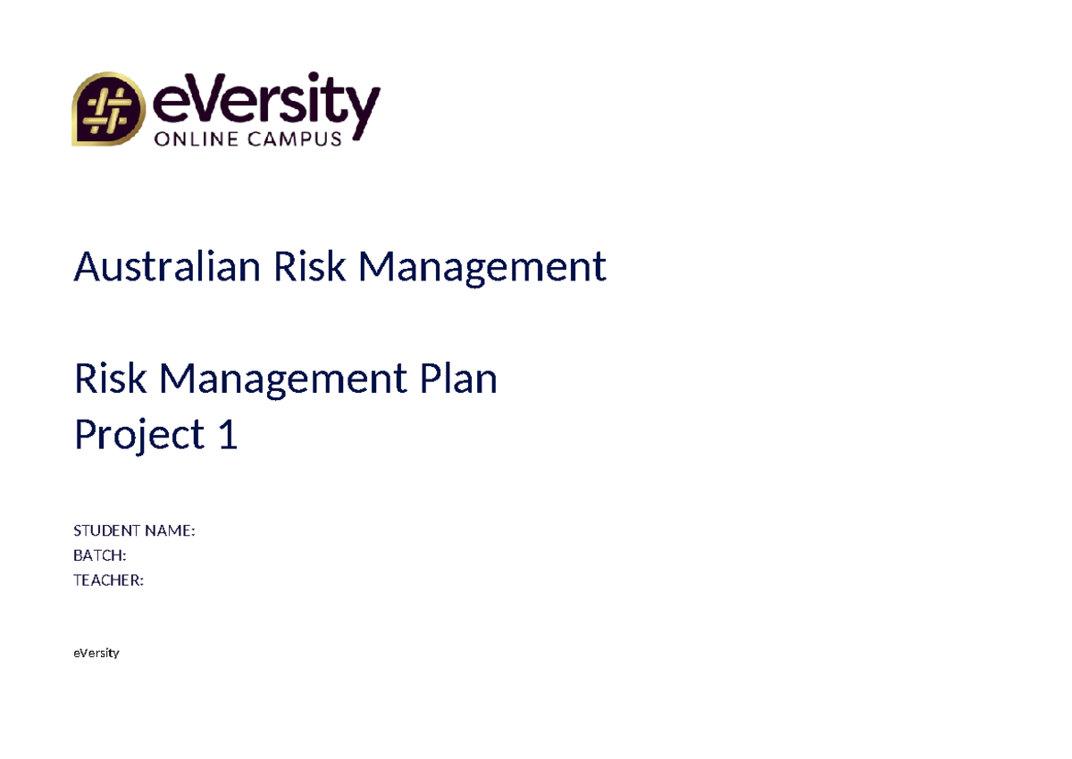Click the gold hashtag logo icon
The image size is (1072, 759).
coord(107,109)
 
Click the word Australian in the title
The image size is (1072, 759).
coord(167,266)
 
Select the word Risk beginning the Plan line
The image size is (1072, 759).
coord(110,379)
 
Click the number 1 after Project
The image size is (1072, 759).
coord(228,435)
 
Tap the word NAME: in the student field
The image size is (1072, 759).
coord(169,531)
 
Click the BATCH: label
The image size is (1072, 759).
coord(99,555)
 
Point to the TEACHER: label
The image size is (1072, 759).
coord(108,580)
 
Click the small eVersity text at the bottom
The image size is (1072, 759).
coord(96,653)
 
